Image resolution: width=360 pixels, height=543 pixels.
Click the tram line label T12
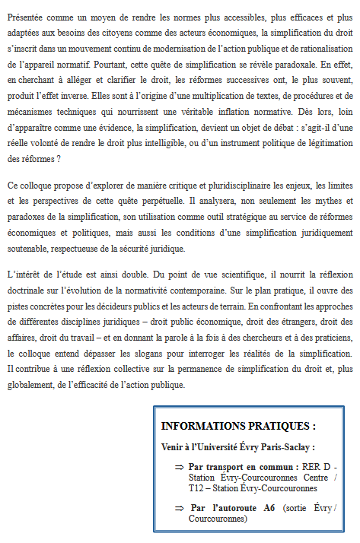[196, 487]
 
